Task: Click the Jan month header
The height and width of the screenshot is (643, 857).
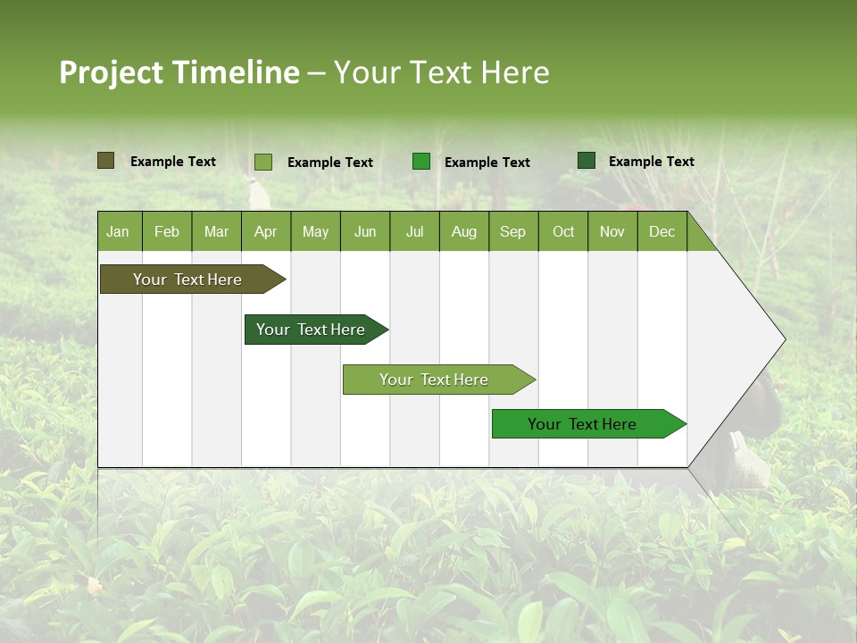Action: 118,232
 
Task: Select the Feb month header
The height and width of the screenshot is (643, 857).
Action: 167,232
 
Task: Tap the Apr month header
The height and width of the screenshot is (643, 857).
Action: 265,232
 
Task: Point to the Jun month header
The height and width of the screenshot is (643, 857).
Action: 365,232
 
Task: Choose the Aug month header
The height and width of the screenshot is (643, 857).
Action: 463,232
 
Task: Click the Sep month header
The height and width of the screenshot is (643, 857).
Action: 512,232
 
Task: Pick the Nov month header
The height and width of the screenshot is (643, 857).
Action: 612,232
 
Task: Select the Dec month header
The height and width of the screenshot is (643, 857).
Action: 661,232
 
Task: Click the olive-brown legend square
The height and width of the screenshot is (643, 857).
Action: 105,161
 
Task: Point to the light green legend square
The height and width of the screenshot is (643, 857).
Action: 262,162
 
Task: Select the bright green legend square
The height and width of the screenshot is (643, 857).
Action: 420,162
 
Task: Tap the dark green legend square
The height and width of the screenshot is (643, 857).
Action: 587,161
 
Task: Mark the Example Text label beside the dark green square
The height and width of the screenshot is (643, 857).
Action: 651,162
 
